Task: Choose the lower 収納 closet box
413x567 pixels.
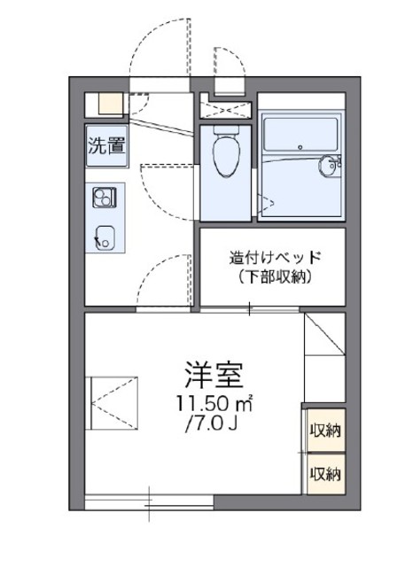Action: (325, 473)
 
